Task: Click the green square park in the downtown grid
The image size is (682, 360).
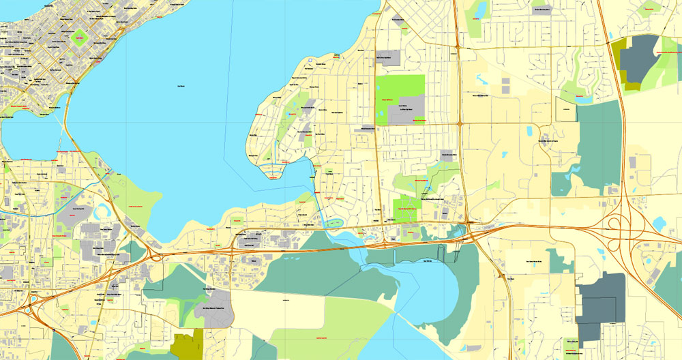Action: pyautogui.click(x=79, y=37)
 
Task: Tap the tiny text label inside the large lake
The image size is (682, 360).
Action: pyautogui.click(x=181, y=86)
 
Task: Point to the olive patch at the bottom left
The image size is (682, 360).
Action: pyautogui.click(x=189, y=344)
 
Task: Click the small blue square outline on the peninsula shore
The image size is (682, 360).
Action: pyautogui.click(x=310, y=61)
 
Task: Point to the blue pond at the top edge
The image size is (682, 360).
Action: pyautogui.click(x=481, y=10)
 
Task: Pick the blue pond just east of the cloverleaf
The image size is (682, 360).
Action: pyautogui.click(x=659, y=222)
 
